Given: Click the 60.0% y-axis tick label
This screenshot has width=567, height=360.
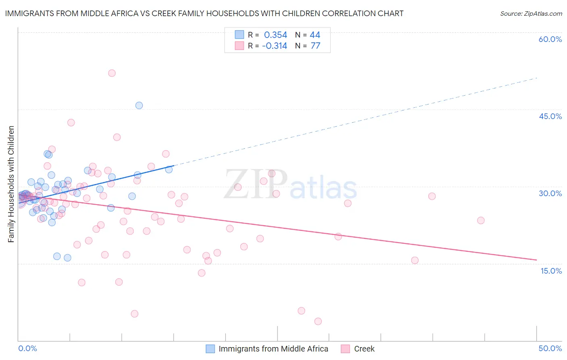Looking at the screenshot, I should coord(550,39).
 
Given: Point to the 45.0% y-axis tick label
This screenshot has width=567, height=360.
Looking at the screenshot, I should coord(550,116).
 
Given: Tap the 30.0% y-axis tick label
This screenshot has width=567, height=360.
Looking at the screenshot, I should coord(550,193).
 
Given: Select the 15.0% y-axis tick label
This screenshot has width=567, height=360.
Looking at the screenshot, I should coord(551,271).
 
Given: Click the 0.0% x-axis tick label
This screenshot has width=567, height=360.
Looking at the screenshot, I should coord(27,348).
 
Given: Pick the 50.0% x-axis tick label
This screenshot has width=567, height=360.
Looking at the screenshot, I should coord(550,348).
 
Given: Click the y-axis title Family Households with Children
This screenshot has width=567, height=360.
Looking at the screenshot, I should coord(11,184).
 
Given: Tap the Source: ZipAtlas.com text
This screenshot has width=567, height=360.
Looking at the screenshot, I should coord(531,14).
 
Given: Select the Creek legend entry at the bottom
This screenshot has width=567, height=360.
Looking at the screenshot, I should coord(364,349).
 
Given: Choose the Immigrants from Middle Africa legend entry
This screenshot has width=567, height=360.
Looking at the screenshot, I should coord(273,349).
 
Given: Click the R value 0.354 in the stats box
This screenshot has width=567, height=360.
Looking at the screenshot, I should coord(275,35).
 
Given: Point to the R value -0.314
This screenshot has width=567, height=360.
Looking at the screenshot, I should coord(274,46).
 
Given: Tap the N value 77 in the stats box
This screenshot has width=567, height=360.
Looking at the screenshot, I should coord(315,46).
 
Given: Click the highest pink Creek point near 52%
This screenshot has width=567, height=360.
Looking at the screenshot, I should coord(112,73).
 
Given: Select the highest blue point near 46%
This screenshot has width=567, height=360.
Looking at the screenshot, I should coord(139,105).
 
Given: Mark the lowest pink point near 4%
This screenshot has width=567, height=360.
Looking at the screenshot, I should coord(318,321).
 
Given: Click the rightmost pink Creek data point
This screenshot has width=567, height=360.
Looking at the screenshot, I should coord(481,220).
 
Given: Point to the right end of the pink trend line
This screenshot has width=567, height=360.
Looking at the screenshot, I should coord(536,260).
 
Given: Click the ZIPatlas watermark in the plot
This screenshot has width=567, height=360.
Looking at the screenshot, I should coord(290,185).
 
